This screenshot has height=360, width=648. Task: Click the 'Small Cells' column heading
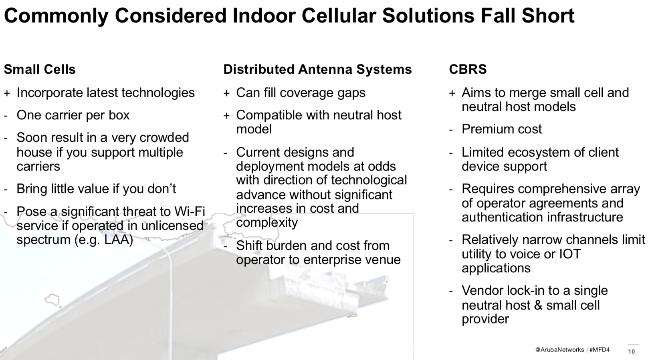(x=40, y=69)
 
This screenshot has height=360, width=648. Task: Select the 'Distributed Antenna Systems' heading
(x=317, y=69)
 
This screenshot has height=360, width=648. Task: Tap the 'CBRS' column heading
(x=468, y=69)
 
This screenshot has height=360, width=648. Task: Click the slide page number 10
(x=632, y=351)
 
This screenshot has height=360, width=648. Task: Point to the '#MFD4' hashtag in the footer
(x=600, y=350)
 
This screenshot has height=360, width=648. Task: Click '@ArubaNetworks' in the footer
(x=559, y=350)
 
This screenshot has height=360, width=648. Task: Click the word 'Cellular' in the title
(x=339, y=16)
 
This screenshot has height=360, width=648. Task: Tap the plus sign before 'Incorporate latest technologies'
(x=7, y=93)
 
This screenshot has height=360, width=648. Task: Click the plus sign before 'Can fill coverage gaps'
(x=226, y=93)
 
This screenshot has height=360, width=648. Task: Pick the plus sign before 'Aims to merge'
(x=452, y=93)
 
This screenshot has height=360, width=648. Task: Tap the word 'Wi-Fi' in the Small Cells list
(x=190, y=211)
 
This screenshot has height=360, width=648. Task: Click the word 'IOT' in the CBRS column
(x=570, y=254)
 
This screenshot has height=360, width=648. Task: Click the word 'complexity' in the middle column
(x=267, y=223)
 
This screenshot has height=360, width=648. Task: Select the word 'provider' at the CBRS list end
(x=485, y=319)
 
